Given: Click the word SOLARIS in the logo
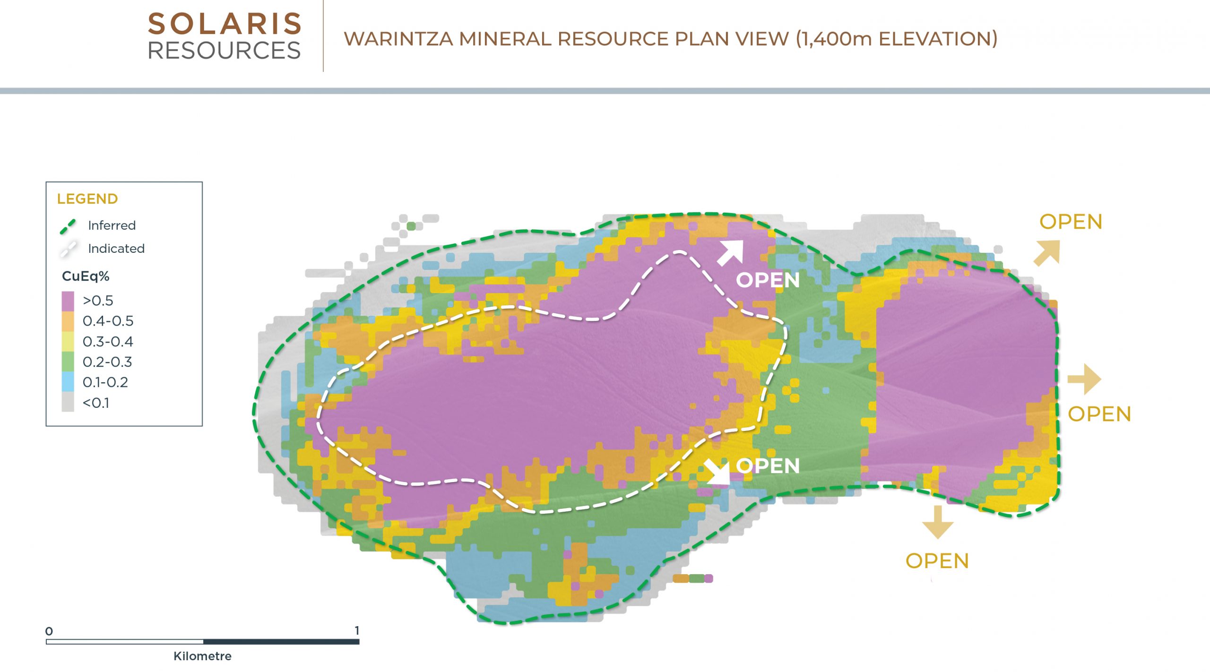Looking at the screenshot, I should click(225, 24).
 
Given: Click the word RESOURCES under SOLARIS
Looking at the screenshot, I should click(225, 51).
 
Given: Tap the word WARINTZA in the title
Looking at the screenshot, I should click(398, 39).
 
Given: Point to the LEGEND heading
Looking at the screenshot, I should click(87, 199).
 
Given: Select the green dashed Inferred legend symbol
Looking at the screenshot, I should click(68, 226).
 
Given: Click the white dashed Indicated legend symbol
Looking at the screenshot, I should click(68, 249).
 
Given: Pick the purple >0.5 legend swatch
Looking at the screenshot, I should click(68, 301).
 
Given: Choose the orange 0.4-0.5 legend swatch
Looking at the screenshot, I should click(68, 321).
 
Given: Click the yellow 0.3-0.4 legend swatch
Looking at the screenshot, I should click(68, 342).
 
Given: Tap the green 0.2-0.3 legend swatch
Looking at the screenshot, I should click(68, 362).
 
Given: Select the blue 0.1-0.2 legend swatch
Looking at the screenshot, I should click(68, 382).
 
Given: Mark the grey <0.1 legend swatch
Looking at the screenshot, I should click(68, 403).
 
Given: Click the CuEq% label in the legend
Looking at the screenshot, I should click(86, 276).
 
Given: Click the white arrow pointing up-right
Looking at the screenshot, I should click(731, 252).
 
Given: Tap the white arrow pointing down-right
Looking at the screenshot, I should click(717, 472).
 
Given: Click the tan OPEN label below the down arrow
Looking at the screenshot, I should click(937, 561).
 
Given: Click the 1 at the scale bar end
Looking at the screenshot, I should click(357, 630).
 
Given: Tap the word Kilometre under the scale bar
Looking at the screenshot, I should click(202, 656).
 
